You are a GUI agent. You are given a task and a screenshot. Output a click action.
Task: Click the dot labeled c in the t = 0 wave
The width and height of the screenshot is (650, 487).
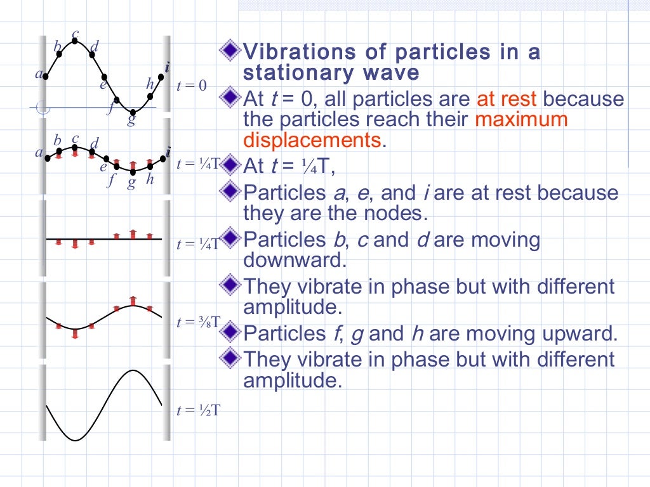point(75,41)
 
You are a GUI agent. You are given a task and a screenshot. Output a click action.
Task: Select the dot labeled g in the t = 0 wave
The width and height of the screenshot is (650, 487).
point(133,112)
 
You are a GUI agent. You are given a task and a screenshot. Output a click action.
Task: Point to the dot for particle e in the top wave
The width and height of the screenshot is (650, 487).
point(104,77)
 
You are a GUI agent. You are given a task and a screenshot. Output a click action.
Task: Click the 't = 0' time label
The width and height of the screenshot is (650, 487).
point(192,86)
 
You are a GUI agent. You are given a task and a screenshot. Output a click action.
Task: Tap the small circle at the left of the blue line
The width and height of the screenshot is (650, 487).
point(43,108)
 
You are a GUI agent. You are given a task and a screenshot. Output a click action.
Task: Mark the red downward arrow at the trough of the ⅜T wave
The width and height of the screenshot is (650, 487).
point(75,334)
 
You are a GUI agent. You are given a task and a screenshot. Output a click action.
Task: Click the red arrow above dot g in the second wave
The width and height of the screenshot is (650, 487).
point(133,163)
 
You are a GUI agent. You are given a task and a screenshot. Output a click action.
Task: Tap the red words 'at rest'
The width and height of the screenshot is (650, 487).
point(507,100)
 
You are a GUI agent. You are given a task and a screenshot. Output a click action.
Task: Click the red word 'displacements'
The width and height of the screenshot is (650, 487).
point(312,140)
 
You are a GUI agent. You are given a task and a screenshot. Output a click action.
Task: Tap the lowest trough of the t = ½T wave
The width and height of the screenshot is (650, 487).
point(75,439)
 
